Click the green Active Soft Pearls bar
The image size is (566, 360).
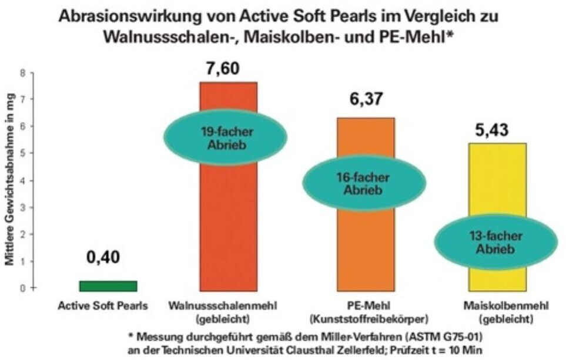(108, 285)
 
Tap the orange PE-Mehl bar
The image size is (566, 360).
(365, 253)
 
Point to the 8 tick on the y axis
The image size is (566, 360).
(24, 73)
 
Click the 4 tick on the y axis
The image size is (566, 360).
(24, 180)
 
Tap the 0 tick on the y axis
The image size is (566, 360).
(24, 288)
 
